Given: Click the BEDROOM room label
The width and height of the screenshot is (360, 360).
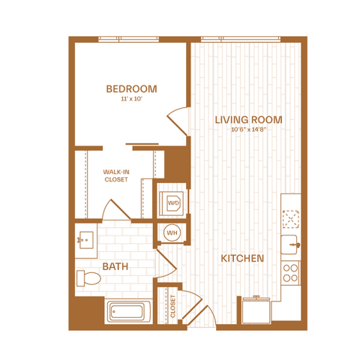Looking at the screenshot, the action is [131, 89].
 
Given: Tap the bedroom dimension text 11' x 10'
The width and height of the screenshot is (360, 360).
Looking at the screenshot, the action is [131, 99].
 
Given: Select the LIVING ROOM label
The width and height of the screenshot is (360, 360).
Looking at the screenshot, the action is [249, 120].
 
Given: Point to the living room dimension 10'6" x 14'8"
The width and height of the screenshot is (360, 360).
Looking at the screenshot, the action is [248, 130].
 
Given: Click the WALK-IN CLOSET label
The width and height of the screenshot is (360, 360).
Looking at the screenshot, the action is [116, 175].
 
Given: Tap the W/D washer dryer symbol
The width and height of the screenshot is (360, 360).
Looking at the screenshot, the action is [172, 202].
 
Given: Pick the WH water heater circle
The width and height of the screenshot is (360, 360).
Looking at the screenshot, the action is [172, 233].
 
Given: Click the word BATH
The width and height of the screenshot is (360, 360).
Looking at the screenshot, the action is [115, 267].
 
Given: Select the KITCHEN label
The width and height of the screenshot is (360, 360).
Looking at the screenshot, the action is [242, 259].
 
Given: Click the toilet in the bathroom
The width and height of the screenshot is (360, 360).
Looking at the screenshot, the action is [88, 278].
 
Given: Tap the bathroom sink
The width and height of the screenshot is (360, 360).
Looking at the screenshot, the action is [86, 240].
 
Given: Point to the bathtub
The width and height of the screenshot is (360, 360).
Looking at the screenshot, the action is [128, 311].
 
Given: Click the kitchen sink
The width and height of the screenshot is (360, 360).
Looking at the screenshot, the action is [290, 244].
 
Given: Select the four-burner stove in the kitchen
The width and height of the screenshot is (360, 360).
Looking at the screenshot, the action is [290, 273].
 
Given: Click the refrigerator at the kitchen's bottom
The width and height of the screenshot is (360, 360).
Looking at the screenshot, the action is [256, 310].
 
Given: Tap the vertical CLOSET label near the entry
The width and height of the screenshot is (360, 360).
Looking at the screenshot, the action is [172, 306].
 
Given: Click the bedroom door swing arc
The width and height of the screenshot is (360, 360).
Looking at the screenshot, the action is [178, 121].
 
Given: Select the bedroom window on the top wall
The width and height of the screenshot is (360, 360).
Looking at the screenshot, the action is [128, 39].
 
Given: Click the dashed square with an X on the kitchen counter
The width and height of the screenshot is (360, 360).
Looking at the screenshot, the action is [291, 219].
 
